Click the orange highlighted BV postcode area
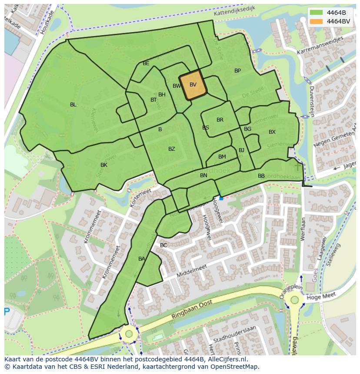pyautogui.click(x=193, y=85)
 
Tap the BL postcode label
pyautogui.click(x=73, y=105)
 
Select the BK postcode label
pyautogui.click(x=104, y=165)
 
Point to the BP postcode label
pyautogui.click(x=237, y=71)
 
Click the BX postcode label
pyautogui.click(x=272, y=132)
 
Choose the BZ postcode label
pyautogui.click(x=172, y=149)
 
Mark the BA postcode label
pyautogui.click(x=142, y=259)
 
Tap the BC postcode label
pyautogui.click(x=163, y=245)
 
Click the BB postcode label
pyautogui.click(x=261, y=176)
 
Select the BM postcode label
pyautogui.click(x=222, y=157)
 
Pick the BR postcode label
pyautogui.click(x=220, y=120)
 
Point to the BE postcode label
pyautogui.click(x=146, y=63)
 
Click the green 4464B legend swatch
pyautogui.click(x=317, y=12)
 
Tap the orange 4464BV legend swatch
pyautogui.click(x=317, y=21)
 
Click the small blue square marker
pyautogui.click(x=221, y=198)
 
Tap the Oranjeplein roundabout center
pyautogui.click(x=295, y=300)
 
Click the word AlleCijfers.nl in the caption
pyautogui.click(x=227, y=360)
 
